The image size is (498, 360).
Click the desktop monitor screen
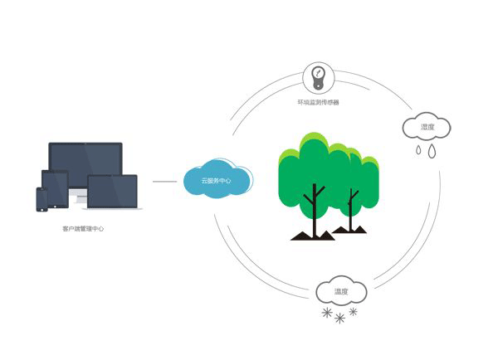tap(85, 162)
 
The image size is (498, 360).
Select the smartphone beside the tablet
tap(41, 200)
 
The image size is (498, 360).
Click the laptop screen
tap(112, 191)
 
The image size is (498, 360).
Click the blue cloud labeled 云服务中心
tap(217, 181)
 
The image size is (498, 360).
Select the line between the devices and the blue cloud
tap(164, 181)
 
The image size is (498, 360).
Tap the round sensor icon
tap(317, 78)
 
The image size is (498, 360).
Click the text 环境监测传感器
tap(318, 102)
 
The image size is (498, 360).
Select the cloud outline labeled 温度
tap(341, 291)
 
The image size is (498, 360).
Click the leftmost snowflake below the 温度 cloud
tap(326, 314)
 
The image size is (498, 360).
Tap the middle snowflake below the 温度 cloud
tap(339, 318)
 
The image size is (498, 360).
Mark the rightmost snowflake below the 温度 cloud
tap(354, 312)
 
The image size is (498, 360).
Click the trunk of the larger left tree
tap(314, 212)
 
